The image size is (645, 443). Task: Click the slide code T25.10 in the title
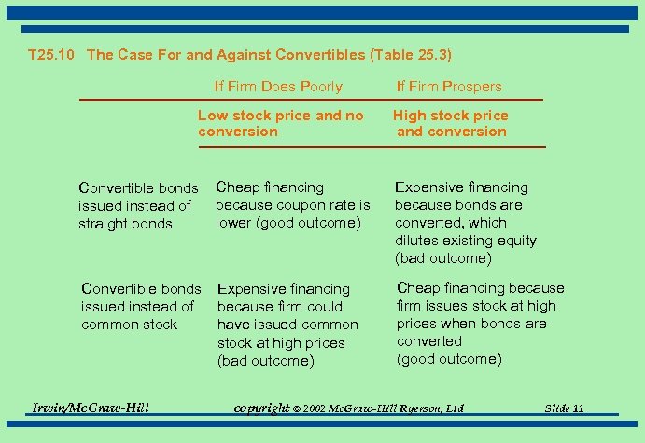click(x=54, y=55)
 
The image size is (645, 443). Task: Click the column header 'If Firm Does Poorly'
click(x=278, y=87)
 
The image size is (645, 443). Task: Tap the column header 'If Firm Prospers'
click(x=449, y=87)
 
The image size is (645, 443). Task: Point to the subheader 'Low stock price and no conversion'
click(x=280, y=123)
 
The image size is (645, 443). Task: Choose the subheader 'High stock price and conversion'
click(x=451, y=123)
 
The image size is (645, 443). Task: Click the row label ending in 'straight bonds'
click(x=138, y=206)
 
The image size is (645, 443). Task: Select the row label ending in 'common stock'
click(x=141, y=306)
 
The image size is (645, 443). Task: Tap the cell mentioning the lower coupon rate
click(x=292, y=205)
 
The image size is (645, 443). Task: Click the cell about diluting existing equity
click(x=465, y=223)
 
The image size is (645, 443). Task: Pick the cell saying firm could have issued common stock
click(x=287, y=325)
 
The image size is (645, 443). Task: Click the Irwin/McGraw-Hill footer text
click(x=91, y=407)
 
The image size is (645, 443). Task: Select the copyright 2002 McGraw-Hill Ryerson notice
click(x=348, y=408)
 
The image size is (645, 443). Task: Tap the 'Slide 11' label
click(x=566, y=408)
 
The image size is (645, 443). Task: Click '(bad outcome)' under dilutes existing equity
click(x=442, y=258)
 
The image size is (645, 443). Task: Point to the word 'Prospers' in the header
click(x=474, y=87)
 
